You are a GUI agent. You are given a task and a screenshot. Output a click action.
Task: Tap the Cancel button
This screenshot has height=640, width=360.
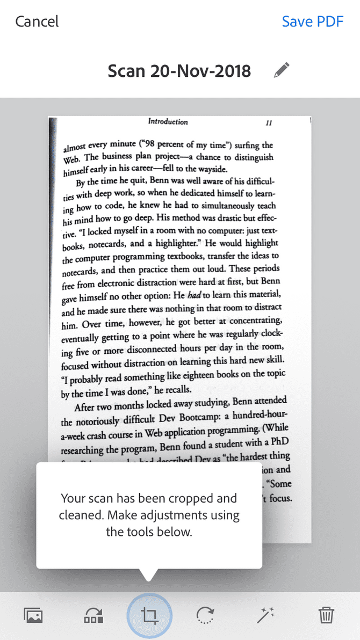tap(37, 21)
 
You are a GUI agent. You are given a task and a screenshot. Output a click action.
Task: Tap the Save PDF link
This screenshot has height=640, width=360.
tap(313, 21)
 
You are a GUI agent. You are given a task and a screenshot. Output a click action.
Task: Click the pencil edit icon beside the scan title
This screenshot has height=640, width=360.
tap(281, 70)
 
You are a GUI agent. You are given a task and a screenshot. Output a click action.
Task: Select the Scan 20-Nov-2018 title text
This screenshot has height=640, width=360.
tap(179, 71)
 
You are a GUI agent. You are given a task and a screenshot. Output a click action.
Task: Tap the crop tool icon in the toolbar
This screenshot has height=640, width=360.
tap(149, 615)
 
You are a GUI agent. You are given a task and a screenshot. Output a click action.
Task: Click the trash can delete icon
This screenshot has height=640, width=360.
tap(326, 615)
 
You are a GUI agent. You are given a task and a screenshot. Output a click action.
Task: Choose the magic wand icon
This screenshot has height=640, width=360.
tap(266, 615)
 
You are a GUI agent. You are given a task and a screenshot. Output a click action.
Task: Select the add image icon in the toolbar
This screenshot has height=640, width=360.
tap(33, 615)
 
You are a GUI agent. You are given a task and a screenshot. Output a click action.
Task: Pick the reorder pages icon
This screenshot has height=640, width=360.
tap(93, 615)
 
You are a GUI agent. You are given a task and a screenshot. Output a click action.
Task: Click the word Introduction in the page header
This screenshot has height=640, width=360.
tap(168, 122)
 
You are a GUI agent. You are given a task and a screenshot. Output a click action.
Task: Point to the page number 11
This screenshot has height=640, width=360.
tap(269, 123)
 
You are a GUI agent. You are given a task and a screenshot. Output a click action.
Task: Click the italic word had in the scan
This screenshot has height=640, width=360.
tap(194, 295)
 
